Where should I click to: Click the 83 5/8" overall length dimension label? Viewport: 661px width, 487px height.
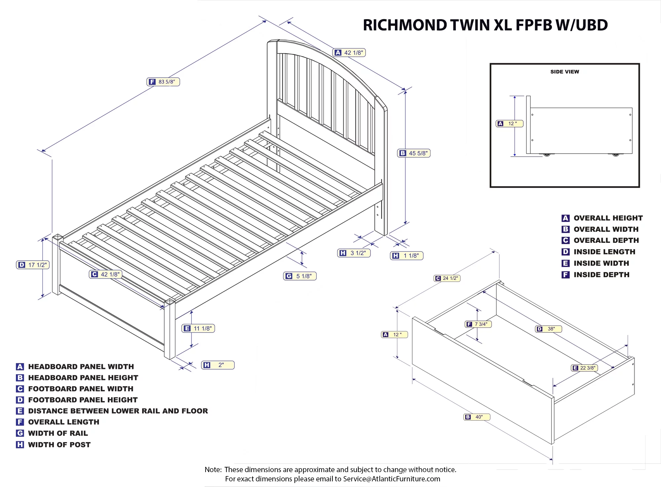(x=163, y=82)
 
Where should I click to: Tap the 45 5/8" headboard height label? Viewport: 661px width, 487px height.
(x=414, y=153)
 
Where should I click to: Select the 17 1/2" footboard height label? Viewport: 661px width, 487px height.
(x=33, y=265)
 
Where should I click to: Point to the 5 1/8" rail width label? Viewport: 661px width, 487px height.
(x=300, y=276)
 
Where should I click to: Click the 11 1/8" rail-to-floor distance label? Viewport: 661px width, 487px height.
(x=198, y=328)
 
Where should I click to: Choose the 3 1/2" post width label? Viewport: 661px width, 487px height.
(x=354, y=253)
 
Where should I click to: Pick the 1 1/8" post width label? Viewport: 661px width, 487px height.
(x=407, y=256)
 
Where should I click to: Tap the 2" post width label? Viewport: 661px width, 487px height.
(x=218, y=365)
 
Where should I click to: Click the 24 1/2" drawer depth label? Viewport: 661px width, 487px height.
(x=447, y=278)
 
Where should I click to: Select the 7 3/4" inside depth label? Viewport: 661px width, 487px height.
(x=478, y=324)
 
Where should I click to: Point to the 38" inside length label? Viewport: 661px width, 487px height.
(x=548, y=329)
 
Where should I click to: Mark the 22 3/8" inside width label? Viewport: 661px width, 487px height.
(x=584, y=368)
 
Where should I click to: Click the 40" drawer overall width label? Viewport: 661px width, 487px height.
(x=477, y=417)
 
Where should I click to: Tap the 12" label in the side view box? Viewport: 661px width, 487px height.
(x=510, y=124)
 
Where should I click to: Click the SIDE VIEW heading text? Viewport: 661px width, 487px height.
(x=564, y=72)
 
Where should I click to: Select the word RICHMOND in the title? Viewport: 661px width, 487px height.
(x=405, y=25)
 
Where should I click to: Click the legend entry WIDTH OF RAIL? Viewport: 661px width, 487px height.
(x=58, y=433)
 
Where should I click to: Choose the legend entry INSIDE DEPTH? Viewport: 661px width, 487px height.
(x=601, y=275)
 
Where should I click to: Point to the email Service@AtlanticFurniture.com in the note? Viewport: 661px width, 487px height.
(x=391, y=479)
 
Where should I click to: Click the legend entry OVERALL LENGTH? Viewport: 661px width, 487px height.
(x=63, y=422)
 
